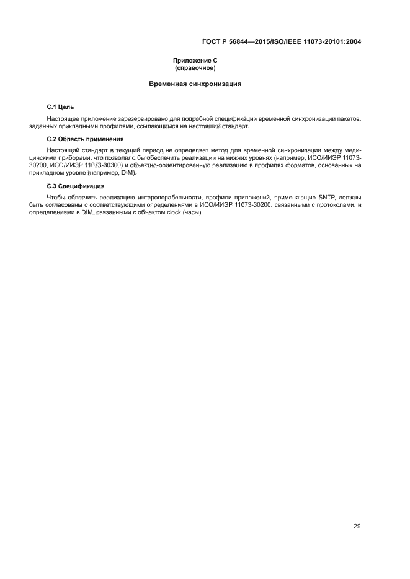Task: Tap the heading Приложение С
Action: tap(195, 61)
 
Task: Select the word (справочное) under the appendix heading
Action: tap(195, 67)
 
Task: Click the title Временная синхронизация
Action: tap(195, 84)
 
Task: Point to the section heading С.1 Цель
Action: tap(61, 107)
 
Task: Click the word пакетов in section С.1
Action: tap(349, 118)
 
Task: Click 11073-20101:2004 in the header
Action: tap(332, 42)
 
